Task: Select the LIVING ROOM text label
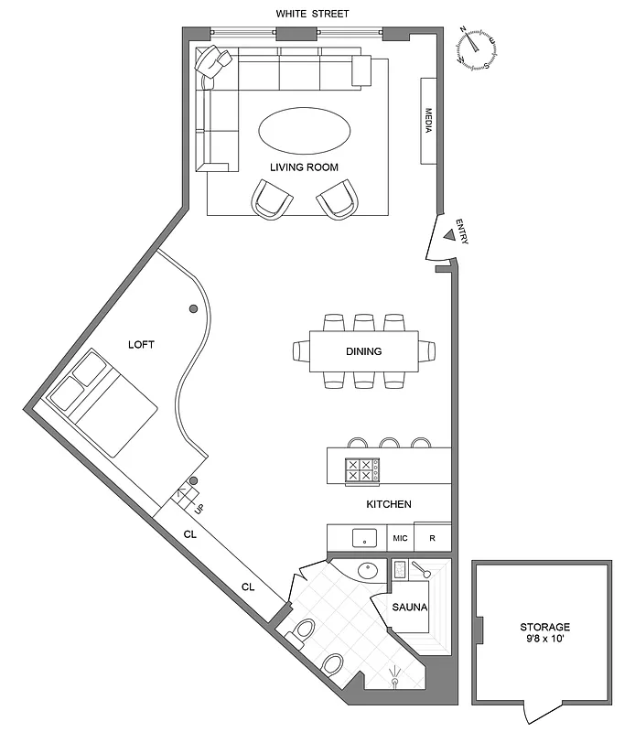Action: tap(304, 167)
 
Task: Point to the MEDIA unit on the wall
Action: tap(428, 121)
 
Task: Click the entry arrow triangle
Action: tap(448, 235)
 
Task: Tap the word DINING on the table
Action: tap(363, 351)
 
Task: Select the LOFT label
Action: tap(141, 345)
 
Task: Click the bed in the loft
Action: tap(112, 407)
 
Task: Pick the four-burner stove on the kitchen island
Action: tap(361, 470)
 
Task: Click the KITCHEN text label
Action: tap(388, 504)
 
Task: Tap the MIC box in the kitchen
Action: tap(400, 538)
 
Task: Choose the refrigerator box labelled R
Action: tap(432, 538)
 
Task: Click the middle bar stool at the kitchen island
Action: tap(390, 443)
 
